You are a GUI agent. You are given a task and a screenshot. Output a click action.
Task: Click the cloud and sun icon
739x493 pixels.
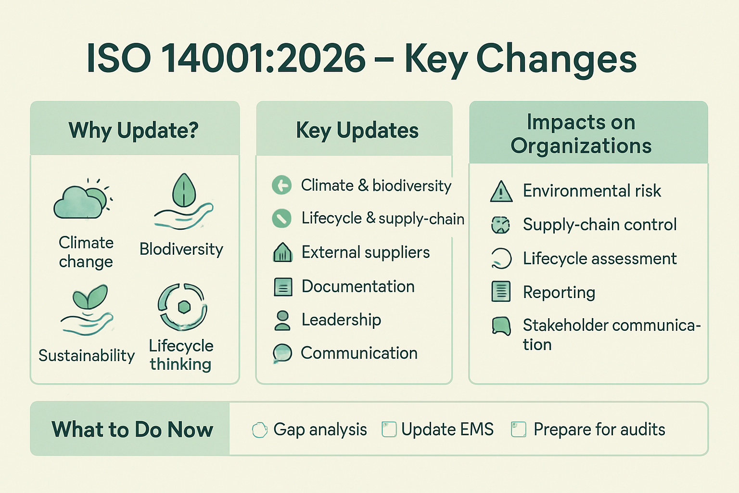click(82, 199)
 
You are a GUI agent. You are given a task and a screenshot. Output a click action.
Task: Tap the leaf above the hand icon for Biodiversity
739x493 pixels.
click(184, 190)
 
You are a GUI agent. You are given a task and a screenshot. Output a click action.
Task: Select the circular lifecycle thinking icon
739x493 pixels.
click(182, 307)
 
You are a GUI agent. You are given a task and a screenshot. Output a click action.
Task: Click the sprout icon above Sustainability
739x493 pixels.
click(90, 296)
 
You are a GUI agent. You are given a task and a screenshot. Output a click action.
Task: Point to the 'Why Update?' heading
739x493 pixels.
click(134, 130)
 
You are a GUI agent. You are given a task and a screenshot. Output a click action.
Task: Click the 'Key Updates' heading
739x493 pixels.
click(357, 130)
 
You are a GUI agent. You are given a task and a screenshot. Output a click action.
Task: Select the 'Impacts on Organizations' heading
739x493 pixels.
click(581, 134)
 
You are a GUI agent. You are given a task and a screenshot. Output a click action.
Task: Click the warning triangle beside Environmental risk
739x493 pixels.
click(501, 192)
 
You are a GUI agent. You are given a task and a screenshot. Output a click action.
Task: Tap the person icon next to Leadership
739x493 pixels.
click(282, 320)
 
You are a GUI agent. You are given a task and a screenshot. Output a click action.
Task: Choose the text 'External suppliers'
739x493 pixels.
click(366, 252)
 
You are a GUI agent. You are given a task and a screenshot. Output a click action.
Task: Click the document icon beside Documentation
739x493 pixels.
click(283, 286)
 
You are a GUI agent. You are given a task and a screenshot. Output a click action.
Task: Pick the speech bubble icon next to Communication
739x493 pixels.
click(282, 353)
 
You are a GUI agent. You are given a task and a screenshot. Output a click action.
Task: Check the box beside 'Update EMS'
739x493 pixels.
click(389, 429)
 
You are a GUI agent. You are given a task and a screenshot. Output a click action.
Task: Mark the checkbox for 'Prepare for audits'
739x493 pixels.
click(519, 429)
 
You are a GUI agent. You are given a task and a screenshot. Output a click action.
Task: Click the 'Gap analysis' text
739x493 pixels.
click(320, 429)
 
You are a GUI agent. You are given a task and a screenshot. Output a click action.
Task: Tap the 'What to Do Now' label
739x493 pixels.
click(132, 429)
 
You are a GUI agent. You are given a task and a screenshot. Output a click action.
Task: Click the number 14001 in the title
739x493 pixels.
click(213, 58)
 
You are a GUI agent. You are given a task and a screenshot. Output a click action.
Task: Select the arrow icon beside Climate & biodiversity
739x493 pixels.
click(282, 185)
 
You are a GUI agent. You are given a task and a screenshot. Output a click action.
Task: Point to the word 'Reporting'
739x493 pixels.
click(559, 293)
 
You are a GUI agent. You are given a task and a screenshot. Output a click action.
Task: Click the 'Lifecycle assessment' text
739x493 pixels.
click(600, 258)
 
